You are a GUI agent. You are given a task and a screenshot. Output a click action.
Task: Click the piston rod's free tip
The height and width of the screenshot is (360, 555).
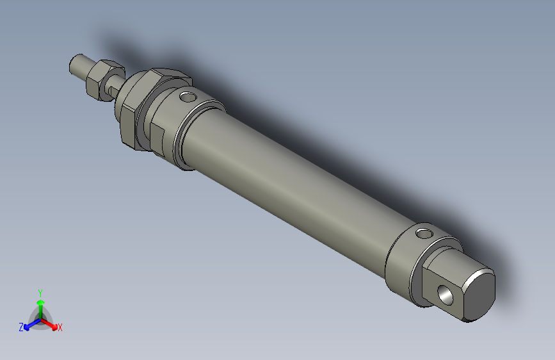(x=75, y=65)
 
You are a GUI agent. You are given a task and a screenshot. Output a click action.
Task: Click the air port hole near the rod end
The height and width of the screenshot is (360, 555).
(x=187, y=97)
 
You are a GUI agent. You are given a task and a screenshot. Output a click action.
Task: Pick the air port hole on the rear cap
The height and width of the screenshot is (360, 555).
(x=424, y=233)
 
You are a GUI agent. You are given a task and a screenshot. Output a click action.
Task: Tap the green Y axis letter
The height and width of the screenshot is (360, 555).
(x=40, y=291)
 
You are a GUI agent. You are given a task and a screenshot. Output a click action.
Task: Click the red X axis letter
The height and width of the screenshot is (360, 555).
(x=60, y=328)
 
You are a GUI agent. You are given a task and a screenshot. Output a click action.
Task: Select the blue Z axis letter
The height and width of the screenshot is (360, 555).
(x=21, y=327)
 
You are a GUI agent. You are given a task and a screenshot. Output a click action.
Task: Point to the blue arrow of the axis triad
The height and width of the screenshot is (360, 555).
(x=29, y=325)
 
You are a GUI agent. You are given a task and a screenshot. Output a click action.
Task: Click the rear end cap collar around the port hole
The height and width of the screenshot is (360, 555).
(x=403, y=263)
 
